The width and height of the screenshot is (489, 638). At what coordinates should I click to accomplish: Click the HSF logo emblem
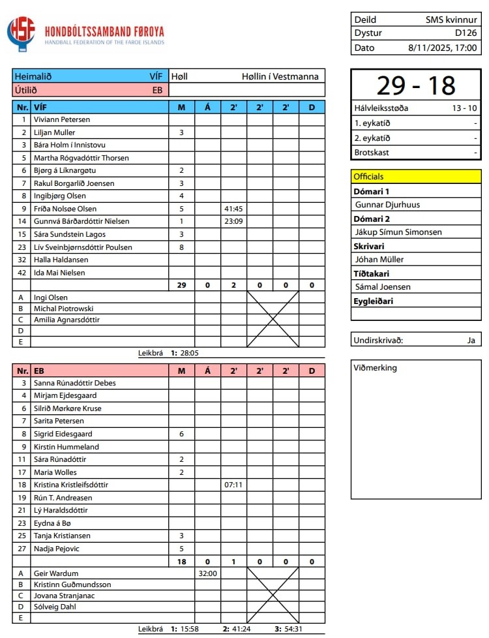[21, 34]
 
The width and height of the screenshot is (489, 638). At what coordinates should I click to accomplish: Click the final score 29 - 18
[415, 85]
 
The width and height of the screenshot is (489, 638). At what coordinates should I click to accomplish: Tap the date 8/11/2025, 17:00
[443, 48]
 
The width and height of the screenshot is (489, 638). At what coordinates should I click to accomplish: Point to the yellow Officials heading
[369, 176]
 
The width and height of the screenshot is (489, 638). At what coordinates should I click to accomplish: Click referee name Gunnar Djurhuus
[387, 205]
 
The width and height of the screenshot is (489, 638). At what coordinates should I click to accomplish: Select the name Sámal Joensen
[383, 287]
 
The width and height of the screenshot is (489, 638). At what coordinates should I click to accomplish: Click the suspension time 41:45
[233, 209]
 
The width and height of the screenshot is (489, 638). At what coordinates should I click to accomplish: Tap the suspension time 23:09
[233, 221]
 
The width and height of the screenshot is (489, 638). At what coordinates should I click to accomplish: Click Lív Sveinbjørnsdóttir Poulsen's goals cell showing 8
[181, 247]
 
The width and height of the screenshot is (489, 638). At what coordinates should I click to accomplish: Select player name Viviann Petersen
[62, 120]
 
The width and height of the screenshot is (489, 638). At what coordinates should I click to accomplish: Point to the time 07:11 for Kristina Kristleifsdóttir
[233, 485]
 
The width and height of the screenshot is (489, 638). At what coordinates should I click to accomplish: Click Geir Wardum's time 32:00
[207, 574]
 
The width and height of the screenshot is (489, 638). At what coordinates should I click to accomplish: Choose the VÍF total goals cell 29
[181, 285]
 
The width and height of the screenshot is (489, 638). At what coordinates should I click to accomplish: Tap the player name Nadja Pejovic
[59, 549]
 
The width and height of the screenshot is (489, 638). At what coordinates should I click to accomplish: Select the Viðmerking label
[375, 368]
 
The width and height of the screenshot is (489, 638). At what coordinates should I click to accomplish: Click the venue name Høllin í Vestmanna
[280, 76]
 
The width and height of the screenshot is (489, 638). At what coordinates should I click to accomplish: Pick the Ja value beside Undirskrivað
[471, 340]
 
